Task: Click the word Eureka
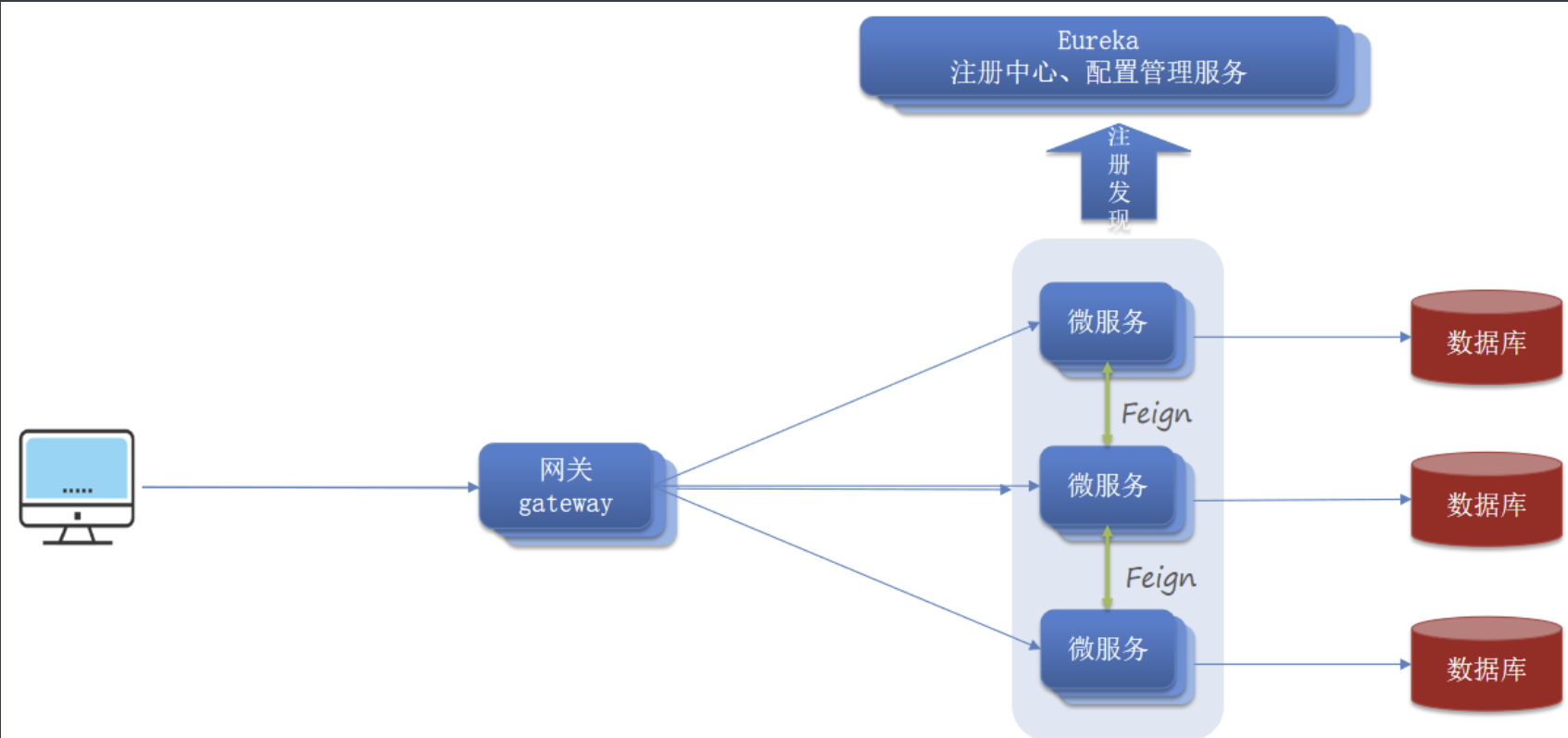click(x=1098, y=41)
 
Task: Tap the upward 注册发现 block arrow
click(x=1119, y=176)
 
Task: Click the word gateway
click(x=565, y=504)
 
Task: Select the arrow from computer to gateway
click(x=306, y=486)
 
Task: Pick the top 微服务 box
click(x=1108, y=321)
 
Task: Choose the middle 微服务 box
click(x=1108, y=485)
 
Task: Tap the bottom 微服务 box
click(x=1108, y=648)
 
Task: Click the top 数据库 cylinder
click(x=1486, y=338)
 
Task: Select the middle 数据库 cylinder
click(x=1486, y=501)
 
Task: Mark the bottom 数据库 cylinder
click(x=1486, y=665)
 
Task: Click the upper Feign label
click(x=1156, y=414)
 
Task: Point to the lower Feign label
click(x=1160, y=579)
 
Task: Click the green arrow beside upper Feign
click(x=1107, y=404)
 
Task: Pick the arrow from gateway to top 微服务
click(x=852, y=399)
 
